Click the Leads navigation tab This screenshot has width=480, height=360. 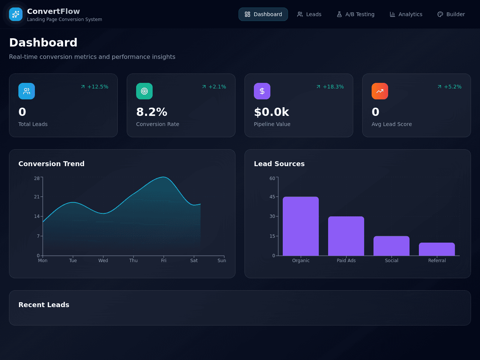(309, 14)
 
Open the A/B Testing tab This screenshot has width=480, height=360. (355, 14)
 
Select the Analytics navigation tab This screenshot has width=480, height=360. (406, 14)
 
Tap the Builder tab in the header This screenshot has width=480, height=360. (451, 14)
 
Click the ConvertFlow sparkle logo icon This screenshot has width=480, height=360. (16, 14)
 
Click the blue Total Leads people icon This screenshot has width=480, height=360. (27, 91)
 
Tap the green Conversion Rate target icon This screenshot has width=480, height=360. (144, 91)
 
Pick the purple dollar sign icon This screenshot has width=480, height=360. (262, 91)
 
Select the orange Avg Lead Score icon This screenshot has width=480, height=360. (380, 91)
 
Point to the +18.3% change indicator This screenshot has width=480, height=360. (330, 87)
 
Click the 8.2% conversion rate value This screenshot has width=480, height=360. (151, 112)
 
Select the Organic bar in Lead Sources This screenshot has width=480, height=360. (301, 226)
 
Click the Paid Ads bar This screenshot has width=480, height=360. (346, 236)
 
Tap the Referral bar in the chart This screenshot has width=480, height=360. (437, 249)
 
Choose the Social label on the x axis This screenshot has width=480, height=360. (391, 260)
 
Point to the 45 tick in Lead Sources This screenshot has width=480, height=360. (272, 197)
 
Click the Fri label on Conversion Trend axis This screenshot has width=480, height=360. (163, 260)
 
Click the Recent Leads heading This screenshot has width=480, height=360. (44, 305)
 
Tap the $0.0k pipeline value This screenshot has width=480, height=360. (271, 112)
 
